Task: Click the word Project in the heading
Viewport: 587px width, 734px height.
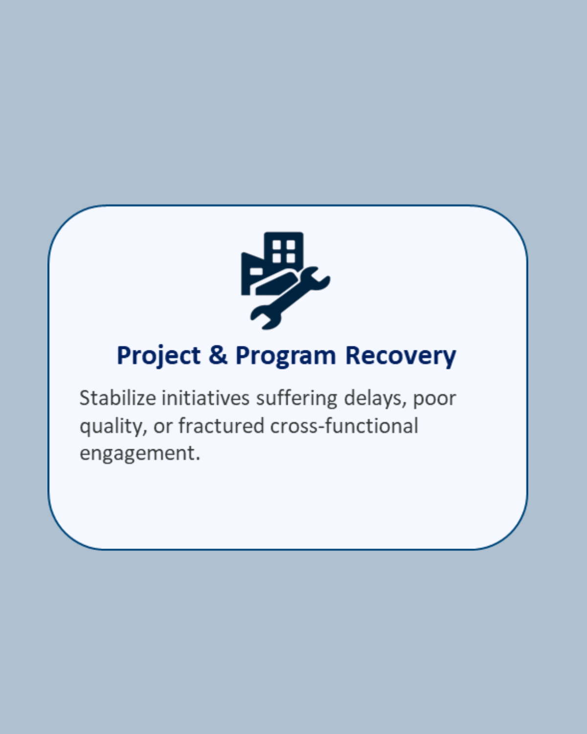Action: (x=158, y=356)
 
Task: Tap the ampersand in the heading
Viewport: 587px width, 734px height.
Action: (x=218, y=355)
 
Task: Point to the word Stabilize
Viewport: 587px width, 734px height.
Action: (x=118, y=398)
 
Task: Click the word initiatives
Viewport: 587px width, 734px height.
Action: (x=205, y=398)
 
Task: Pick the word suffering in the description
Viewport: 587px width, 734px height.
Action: (x=297, y=398)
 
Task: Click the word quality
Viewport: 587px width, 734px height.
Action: (x=113, y=427)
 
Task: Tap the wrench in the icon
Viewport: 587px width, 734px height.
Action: (x=290, y=298)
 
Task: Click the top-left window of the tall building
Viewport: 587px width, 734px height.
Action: (x=276, y=245)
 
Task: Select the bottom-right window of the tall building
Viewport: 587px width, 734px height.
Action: (x=291, y=258)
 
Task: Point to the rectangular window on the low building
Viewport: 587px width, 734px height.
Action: (x=256, y=272)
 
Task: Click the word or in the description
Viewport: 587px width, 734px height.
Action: (x=163, y=427)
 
